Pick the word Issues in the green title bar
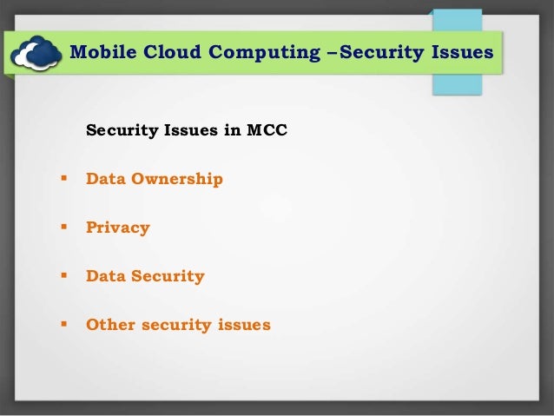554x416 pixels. [461, 53]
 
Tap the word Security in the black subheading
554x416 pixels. [122, 132]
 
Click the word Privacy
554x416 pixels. [117, 228]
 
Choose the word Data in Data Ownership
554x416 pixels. [105, 180]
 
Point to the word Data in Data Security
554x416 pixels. [105, 277]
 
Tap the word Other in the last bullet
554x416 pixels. [109, 326]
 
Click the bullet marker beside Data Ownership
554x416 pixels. [63, 180]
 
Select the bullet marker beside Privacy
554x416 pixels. [63, 228]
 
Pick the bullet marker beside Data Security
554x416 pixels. [63, 277]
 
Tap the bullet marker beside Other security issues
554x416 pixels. [63, 326]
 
